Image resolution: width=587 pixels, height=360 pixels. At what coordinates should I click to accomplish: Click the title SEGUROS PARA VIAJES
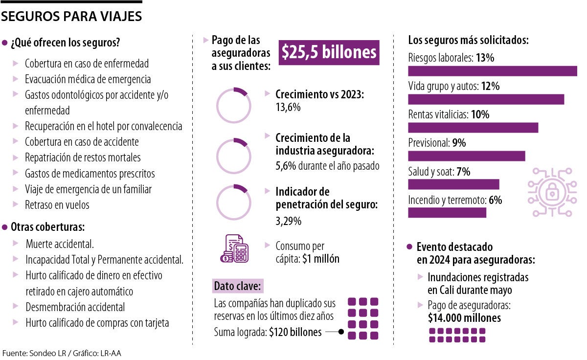71,17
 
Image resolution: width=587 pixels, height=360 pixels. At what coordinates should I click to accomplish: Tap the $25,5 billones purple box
329,53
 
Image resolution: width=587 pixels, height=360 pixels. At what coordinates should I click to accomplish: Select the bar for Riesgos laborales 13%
492,71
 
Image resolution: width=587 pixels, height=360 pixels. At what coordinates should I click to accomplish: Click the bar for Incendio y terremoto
447,213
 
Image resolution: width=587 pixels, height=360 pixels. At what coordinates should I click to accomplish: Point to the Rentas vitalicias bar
473,128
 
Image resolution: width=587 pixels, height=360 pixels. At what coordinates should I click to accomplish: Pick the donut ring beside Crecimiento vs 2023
234,105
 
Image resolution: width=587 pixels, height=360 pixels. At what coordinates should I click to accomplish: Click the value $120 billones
295,333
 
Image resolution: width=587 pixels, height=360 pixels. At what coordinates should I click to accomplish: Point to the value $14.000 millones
464,318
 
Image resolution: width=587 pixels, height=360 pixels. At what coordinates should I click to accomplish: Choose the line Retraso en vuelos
57,205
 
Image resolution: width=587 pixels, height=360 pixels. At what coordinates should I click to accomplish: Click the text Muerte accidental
60,244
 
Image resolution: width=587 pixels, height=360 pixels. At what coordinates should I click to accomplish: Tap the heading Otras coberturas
48,227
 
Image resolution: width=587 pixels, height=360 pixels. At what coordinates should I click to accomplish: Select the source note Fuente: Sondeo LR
62,353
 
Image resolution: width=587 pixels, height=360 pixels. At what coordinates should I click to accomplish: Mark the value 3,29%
289,221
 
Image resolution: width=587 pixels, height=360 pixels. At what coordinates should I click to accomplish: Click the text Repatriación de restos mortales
83,157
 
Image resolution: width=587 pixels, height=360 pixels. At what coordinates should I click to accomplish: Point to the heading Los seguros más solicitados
468,40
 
